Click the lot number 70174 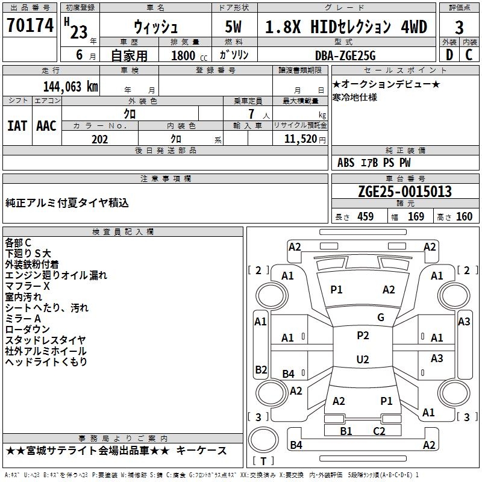point(30,25)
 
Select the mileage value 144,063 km point(70,86)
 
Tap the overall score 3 point(459,28)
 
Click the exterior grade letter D point(449,55)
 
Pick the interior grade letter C point(469,55)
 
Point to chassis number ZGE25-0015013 point(405,192)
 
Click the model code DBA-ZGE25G point(345,55)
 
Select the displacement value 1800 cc point(189,55)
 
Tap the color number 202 point(99,139)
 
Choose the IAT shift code point(17,126)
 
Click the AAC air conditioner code point(46,126)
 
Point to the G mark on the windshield point(381,318)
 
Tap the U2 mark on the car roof point(363,359)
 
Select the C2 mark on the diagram point(379,431)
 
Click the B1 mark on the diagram point(346,431)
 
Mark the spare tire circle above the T point(249,440)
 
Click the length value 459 point(366,216)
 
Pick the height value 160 point(464,216)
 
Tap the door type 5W point(233,27)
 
